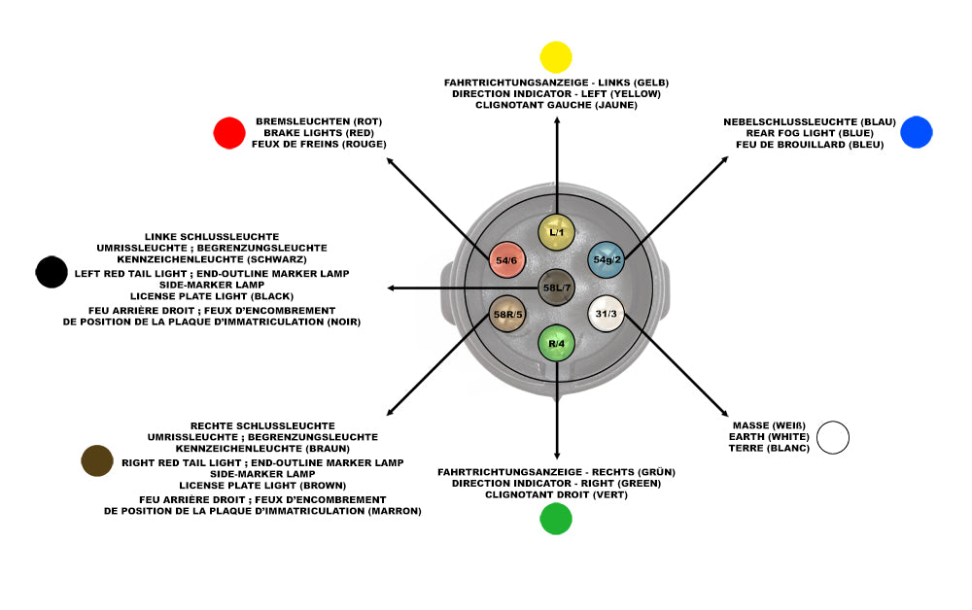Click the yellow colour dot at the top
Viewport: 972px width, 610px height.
coord(555,56)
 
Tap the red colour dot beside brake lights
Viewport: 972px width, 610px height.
coord(229,133)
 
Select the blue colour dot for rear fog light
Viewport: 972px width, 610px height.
coord(916,132)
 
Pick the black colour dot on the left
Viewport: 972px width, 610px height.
coord(51,272)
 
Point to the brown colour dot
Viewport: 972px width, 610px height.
coord(98,460)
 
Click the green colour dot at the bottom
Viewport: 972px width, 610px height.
coord(556,519)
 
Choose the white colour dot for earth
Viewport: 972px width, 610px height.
coord(833,437)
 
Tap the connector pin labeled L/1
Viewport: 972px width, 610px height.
coord(557,232)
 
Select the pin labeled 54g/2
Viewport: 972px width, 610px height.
coord(607,259)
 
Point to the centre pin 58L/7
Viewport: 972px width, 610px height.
coord(557,288)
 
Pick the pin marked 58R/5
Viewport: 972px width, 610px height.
coord(508,314)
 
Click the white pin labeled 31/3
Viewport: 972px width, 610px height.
coord(606,314)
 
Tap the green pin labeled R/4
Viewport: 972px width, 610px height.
coord(557,344)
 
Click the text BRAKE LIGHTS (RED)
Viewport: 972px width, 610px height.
coord(320,132)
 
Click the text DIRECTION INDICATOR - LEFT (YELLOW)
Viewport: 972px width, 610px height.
coord(556,94)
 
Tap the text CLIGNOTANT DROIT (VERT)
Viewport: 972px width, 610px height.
coord(556,494)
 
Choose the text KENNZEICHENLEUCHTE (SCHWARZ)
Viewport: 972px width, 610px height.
coord(212,259)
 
